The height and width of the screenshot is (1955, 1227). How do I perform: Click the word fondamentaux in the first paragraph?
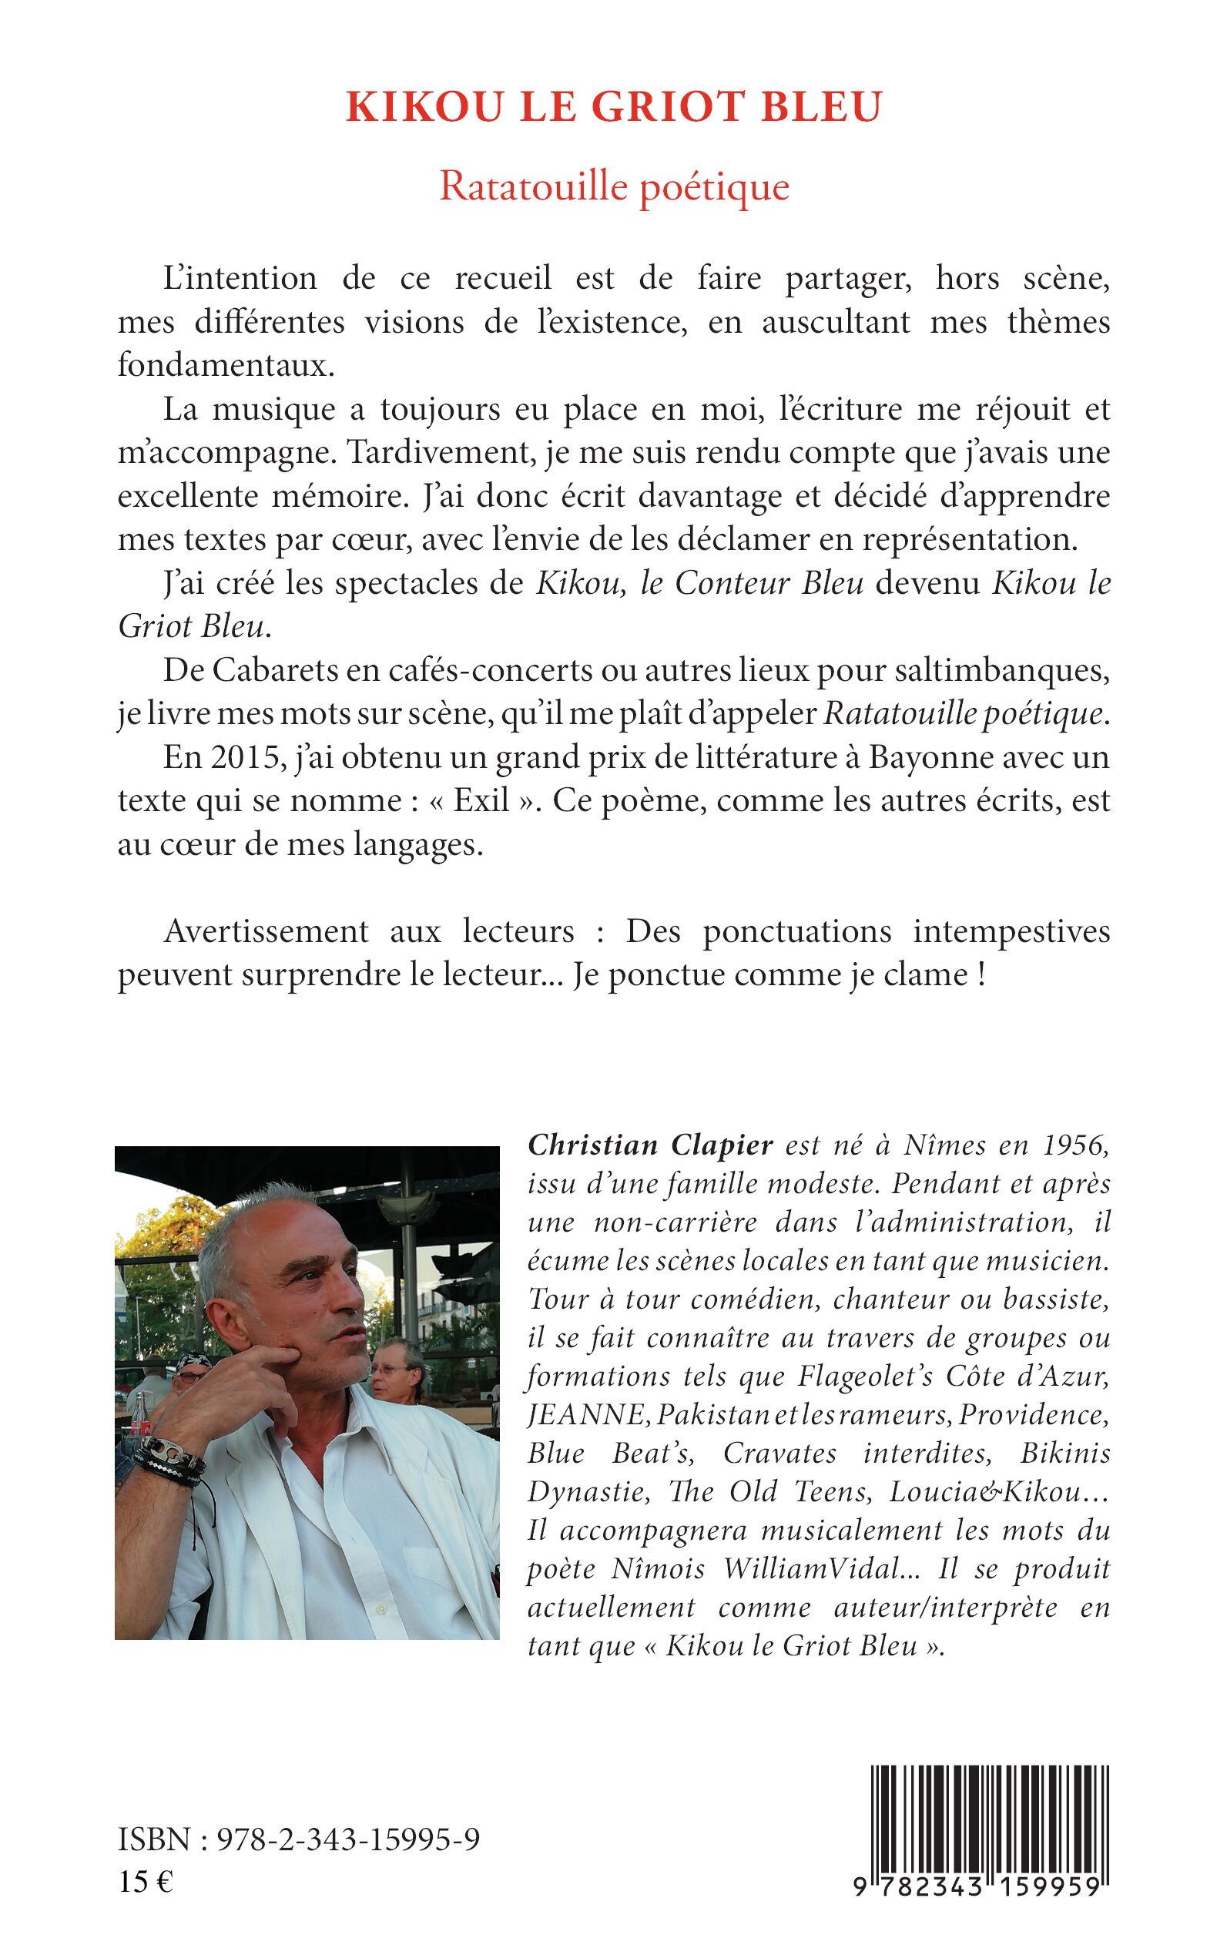pos(226,365)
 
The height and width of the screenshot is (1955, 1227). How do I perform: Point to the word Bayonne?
pos(930,756)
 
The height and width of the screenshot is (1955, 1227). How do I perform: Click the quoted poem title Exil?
pos(481,800)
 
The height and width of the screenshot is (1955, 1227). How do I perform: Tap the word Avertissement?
pos(267,931)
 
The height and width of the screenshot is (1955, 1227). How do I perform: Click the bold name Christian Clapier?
pos(650,1145)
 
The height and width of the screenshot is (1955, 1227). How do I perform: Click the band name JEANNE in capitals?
pos(586,1415)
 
